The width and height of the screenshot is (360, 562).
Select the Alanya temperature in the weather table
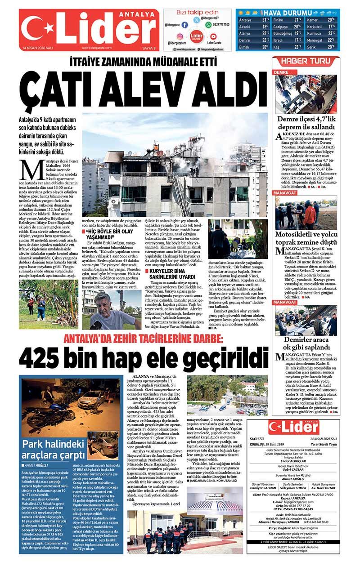tap(265, 33)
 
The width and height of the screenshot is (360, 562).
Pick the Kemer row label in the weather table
tap(313, 20)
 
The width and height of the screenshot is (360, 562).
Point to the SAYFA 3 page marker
tap(148, 48)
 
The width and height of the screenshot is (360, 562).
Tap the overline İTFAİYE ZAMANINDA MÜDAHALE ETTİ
tap(144, 62)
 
